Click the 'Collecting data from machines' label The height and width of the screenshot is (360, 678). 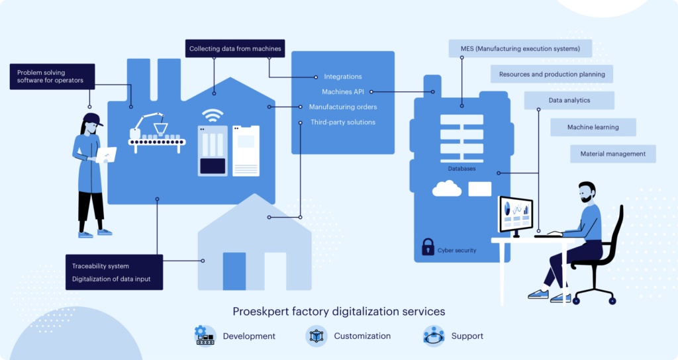(235, 48)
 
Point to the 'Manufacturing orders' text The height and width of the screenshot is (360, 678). (343, 107)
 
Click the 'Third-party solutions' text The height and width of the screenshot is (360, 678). (343, 122)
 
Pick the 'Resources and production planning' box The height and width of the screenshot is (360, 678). (552, 74)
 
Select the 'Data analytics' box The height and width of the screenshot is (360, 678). (569, 101)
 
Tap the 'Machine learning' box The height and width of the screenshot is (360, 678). (593, 127)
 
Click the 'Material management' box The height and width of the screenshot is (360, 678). (612, 154)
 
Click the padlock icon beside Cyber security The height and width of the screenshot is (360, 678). (428, 247)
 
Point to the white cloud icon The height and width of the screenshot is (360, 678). (447, 189)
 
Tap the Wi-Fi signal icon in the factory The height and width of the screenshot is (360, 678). (212, 116)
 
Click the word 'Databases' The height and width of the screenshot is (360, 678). (461, 169)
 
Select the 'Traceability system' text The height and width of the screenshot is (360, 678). (101, 266)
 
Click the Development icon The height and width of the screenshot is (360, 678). (205, 336)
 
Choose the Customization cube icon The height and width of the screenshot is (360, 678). (316, 336)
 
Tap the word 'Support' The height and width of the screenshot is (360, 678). (467, 336)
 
